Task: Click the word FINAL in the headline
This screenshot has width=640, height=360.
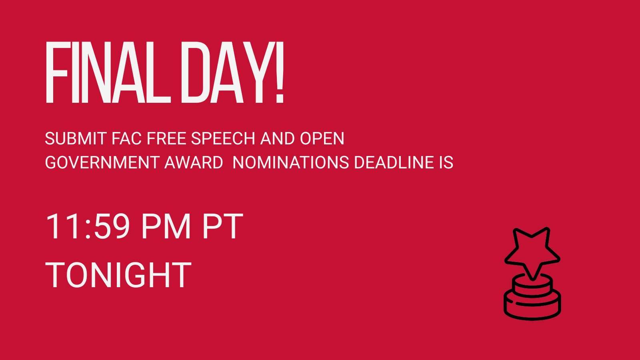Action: (108, 72)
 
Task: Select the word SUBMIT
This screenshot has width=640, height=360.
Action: (76, 138)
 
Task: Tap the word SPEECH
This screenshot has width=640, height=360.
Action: (223, 138)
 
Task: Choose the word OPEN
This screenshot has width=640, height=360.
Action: (322, 138)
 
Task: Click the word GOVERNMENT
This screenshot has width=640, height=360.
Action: (102, 162)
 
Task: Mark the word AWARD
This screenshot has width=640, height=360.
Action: (194, 162)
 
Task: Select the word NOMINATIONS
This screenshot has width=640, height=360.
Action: (290, 162)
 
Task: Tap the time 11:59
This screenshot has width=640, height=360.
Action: (88, 226)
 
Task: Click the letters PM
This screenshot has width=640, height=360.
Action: (166, 226)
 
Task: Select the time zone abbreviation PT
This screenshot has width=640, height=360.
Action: (223, 226)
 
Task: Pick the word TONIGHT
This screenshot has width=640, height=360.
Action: (118, 275)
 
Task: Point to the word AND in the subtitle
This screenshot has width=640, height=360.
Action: (277, 138)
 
